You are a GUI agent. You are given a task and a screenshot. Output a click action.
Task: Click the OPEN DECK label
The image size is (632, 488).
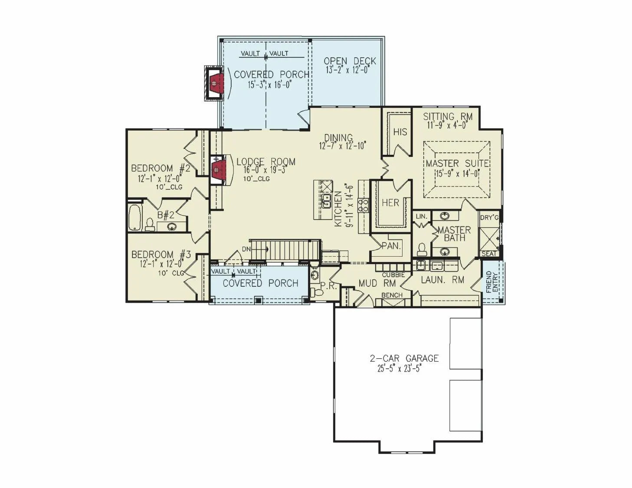coord(350,61)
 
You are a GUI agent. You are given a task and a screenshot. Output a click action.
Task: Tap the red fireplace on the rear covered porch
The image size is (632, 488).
coord(216,83)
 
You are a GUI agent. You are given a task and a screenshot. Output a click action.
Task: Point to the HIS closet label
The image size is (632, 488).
coord(400,132)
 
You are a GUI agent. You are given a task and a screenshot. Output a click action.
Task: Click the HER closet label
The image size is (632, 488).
coord(390,203)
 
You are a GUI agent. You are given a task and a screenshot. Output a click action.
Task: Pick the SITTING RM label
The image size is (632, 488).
coord(448,117)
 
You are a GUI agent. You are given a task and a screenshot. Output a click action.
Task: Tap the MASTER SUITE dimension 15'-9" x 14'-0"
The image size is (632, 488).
coord(457,174)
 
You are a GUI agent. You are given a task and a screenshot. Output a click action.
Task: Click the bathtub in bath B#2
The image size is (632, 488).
coord(134,217)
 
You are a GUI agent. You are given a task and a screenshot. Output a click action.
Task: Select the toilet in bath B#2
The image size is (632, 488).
coord(150,225)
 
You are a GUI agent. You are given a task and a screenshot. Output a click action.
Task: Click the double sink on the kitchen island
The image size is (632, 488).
coord(327,200)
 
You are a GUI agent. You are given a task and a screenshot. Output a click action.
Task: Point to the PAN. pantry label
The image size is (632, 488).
coord(391,246)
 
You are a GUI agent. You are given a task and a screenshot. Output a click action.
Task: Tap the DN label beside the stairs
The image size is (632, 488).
coord(246,249)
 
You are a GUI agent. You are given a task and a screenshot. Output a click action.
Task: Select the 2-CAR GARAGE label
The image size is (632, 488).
coord(404,358)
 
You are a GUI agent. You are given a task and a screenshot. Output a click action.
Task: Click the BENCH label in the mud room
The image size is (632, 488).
coord(392,295)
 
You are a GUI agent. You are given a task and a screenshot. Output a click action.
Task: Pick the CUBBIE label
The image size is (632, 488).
coord(393,275)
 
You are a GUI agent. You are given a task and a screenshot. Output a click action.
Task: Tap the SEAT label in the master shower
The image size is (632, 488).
coord(489,254)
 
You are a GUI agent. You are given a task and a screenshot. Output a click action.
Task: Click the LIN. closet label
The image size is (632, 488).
coord(422,216)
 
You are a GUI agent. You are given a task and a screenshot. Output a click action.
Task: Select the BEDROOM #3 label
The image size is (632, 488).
coord(161,255)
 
